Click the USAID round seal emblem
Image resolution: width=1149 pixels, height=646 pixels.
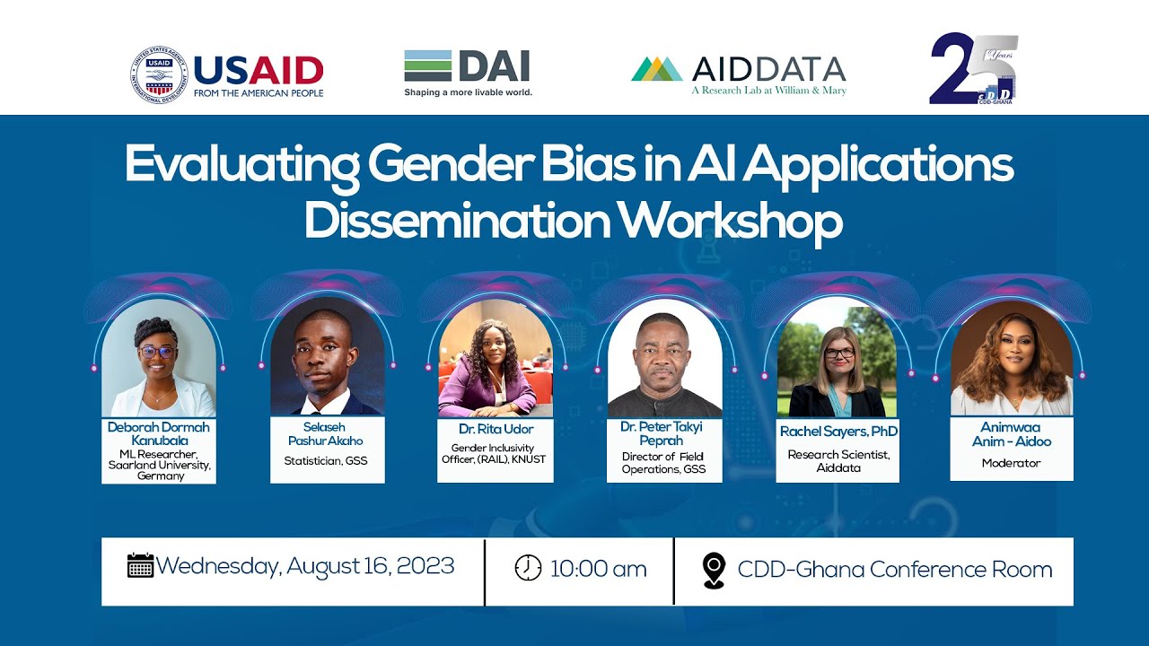[x=158, y=75]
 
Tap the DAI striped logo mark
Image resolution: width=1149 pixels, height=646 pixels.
[x=427, y=66]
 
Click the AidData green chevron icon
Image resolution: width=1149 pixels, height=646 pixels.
[x=657, y=69]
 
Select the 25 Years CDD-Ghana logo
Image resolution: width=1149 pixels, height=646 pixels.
[x=974, y=70]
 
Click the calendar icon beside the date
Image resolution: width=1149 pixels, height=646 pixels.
[x=140, y=566]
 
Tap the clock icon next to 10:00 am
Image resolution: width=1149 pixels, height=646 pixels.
[x=528, y=568]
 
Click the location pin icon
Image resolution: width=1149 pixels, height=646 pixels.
[x=714, y=570]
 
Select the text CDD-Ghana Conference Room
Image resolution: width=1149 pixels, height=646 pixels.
[x=894, y=570]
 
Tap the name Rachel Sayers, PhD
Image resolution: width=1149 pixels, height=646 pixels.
[x=838, y=432]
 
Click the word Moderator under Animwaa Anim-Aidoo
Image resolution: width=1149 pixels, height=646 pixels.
[x=1011, y=464]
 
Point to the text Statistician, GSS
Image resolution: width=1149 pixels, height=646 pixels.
[x=326, y=461]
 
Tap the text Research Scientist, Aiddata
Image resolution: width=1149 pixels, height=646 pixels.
[x=838, y=461]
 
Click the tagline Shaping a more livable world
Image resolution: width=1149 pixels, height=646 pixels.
[x=468, y=92]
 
